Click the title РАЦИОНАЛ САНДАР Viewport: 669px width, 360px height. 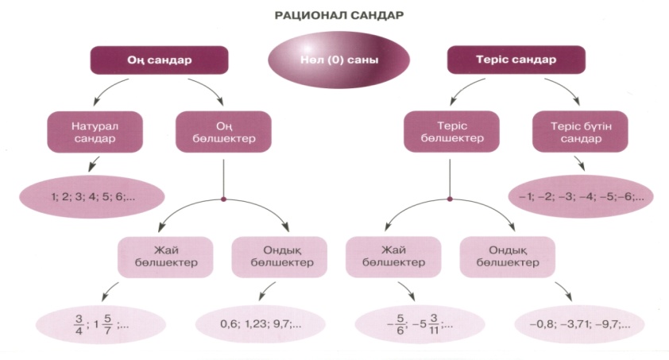coord(334,14)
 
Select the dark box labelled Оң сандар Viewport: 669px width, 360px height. coord(159,60)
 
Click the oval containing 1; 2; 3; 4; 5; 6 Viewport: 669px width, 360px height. coord(89,195)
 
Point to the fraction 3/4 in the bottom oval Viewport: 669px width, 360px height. coord(78,323)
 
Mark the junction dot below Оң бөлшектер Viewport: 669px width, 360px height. coord(224,199)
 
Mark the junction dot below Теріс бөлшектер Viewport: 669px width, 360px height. coord(451,199)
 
